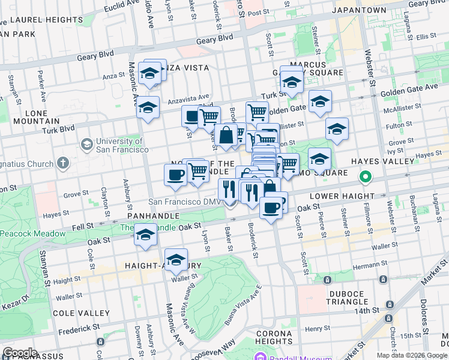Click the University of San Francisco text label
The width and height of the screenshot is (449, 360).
point(123,145)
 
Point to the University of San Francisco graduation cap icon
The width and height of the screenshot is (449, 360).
point(87,145)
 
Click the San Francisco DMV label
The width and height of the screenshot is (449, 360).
point(185,202)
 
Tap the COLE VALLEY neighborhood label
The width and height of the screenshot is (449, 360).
point(81,313)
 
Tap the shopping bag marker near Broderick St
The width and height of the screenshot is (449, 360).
point(226,136)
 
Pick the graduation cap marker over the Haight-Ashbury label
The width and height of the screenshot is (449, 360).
point(176,260)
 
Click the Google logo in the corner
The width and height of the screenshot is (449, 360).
point(20,353)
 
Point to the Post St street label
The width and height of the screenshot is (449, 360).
point(258,13)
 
